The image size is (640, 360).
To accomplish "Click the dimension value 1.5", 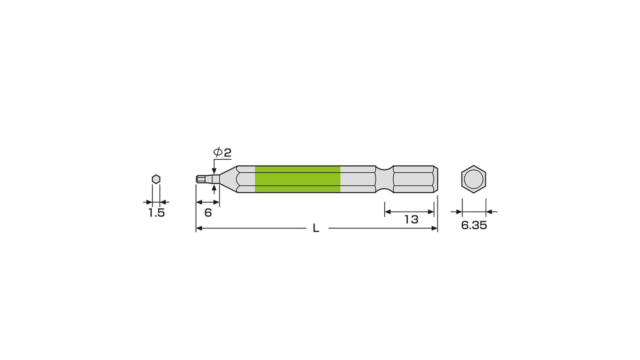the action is (x=156, y=213).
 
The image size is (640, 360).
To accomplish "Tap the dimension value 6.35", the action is (x=474, y=225).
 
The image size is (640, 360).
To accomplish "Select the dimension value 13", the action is (x=411, y=220).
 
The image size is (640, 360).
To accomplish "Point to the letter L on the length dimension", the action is (x=316, y=228).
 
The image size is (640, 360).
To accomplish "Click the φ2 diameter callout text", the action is (x=222, y=152).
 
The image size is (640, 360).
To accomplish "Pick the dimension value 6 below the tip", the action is (x=208, y=212).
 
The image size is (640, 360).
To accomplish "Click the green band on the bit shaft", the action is (x=298, y=179).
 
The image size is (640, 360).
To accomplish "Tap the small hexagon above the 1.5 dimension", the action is (x=156, y=179).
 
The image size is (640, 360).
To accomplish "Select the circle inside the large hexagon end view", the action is (x=474, y=179).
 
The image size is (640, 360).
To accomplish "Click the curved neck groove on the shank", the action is (x=384, y=179).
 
